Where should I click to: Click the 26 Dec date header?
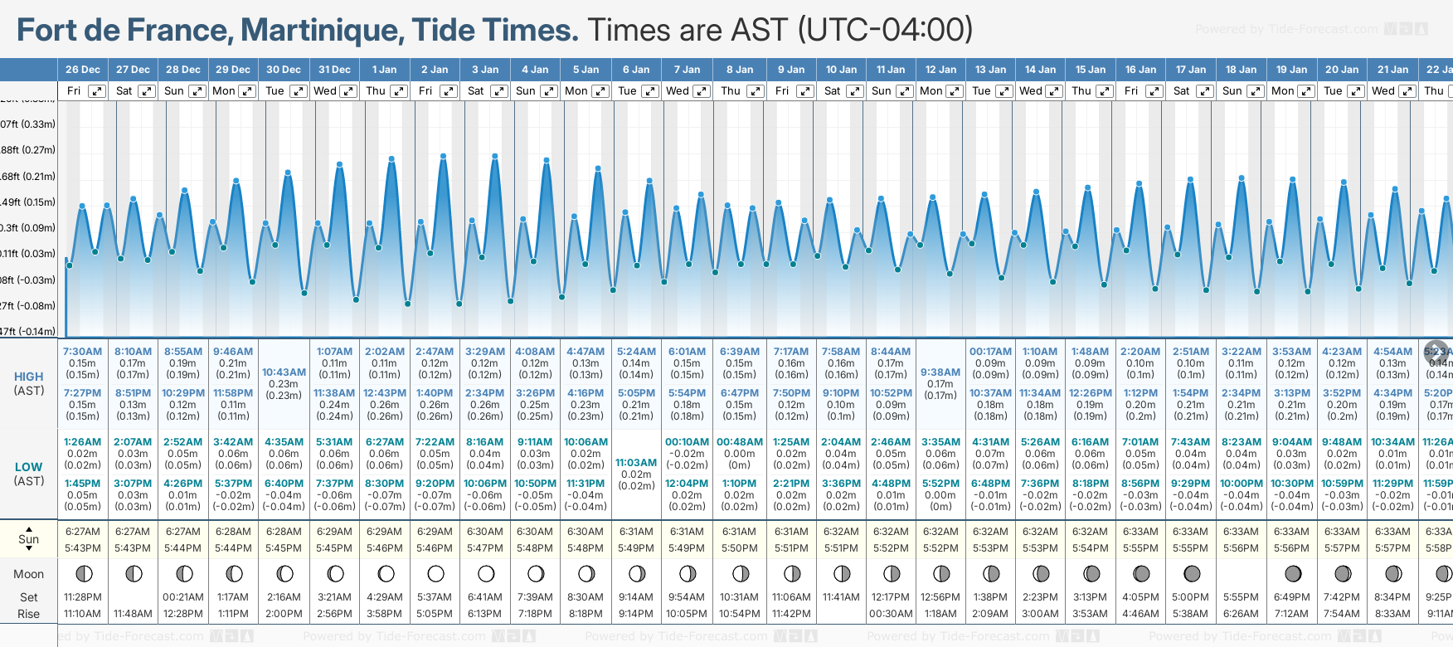pos(83,70)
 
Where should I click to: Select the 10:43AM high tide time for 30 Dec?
pos(284,372)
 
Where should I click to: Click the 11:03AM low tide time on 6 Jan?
pos(637,463)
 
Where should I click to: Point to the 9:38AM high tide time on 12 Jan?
pos(940,372)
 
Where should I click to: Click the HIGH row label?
pos(29,377)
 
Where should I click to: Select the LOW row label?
pos(29,467)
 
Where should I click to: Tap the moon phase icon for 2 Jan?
pos(435,573)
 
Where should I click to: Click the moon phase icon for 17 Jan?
pos(1192,573)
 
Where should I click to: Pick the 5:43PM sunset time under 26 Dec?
pos(83,548)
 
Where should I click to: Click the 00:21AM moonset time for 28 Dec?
pos(183,597)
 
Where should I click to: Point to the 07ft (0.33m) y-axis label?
pos(27,124)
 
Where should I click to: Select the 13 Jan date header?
pos(991,70)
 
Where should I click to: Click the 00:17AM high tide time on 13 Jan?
pos(990,352)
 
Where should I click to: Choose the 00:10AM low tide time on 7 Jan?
pos(688,442)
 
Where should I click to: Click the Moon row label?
pos(29,574)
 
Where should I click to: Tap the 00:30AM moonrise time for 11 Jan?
pos(891,614)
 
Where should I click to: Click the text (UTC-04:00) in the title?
pos(886,30)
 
